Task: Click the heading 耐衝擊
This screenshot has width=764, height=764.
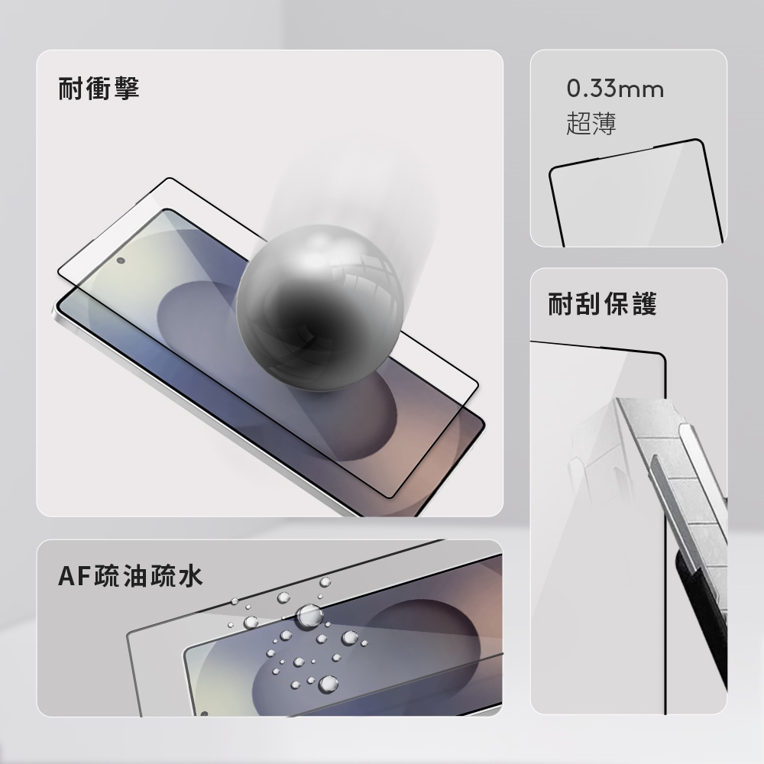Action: (x=99, y=88)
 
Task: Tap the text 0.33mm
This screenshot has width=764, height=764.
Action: (x=615, y=89)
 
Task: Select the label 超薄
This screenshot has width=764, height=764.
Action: (x=591, y=123)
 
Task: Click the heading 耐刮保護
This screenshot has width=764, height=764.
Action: (x=602, y=303)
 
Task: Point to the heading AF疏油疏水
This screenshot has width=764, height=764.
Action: (x=130, y=576)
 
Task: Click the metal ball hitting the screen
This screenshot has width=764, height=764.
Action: (x=320, y=308)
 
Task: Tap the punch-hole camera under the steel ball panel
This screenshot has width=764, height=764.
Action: (x=121, y=261)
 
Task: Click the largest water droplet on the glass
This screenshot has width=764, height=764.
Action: (x=309, y=615)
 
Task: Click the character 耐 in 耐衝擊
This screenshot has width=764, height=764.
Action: (x=70, y=88)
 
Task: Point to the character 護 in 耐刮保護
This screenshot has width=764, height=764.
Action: (x=645, y=303)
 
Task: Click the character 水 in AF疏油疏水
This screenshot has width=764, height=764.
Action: (x=190, y=576)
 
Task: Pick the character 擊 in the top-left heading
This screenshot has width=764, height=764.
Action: (x=127, y=88)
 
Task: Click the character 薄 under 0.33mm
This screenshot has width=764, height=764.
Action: (x=604, y=123)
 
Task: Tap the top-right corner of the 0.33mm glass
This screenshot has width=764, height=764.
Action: (x=701, y=141)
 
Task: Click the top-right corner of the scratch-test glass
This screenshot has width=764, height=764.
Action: (x=664, y=355)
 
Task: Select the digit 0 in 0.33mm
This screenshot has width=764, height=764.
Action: (x=574, y=89)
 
